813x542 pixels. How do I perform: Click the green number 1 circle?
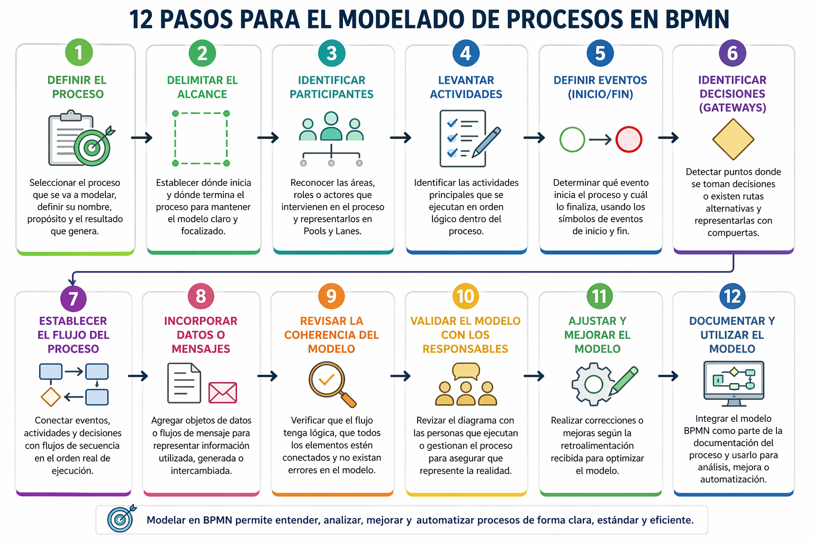(79, 52)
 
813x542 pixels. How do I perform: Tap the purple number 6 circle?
(733, 53)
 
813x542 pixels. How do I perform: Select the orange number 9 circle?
(331, 296)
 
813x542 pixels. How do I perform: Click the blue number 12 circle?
(733, 296)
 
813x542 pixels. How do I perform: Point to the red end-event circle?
(629, 139)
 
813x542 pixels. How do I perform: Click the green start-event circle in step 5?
(572, 139)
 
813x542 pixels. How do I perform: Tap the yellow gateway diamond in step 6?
(733, 139)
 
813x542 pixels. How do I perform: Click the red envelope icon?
(222, 392)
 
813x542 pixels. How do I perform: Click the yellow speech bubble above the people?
(466, 371)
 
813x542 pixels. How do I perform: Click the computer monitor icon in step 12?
(734, 383)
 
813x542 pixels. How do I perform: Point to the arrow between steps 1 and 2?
(141, 138)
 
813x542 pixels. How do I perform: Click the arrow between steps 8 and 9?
(267, 376)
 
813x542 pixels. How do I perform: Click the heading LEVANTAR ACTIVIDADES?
(466, 87)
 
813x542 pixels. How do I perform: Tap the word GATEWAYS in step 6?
(733, 108)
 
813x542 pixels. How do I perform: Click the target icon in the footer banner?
(121, 518)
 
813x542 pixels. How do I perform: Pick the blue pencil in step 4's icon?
(486, 142)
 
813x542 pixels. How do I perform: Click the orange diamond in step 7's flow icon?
(50, 397)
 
